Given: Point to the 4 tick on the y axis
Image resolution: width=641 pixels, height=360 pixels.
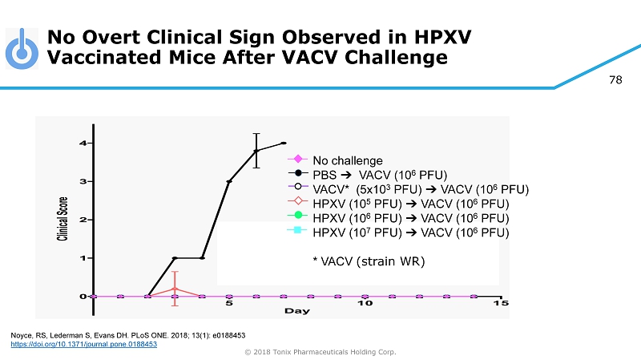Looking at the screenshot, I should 83,143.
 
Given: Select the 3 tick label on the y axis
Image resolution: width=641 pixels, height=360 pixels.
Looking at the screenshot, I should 83,181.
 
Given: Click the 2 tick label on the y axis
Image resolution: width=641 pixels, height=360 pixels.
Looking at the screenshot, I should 83,219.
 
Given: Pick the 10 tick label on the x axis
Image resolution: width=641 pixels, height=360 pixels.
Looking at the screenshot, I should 365,303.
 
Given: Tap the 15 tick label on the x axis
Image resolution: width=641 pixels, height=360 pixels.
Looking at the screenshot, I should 500,303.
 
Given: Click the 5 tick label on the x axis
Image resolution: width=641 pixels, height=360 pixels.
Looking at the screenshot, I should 229,303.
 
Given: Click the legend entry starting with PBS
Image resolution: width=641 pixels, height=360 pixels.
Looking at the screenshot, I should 379,175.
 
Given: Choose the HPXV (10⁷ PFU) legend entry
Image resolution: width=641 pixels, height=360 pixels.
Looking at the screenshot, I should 410,233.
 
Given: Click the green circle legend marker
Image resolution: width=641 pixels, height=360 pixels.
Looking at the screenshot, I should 297,217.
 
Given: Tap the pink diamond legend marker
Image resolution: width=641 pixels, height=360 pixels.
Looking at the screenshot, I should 297,160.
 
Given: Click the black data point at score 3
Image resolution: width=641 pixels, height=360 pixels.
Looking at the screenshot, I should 229,181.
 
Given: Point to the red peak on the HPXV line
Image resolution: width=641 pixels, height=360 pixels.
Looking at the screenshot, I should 175,288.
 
